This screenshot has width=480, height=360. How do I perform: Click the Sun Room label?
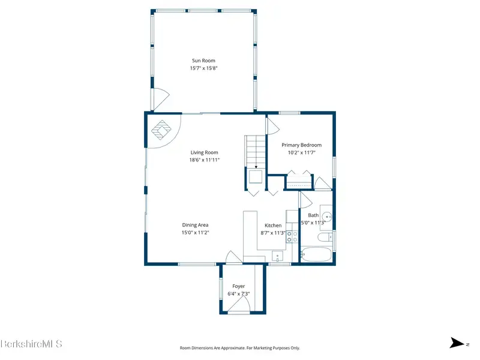pyautogui.click(x=203, y=61)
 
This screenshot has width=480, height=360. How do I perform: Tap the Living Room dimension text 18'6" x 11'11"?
pyautogui.click(x=204, y=160)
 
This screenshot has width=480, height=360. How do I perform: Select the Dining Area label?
pyautogui.click(x=196, y=225)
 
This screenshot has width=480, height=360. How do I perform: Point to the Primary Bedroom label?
pyautogui.click(x=302, y=145)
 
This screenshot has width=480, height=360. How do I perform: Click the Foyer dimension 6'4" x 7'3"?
pyautogui.click(x=238, y=294)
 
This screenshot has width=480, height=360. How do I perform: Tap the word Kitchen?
pyautogui.click(x=273, y=226)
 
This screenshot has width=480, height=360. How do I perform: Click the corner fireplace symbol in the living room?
pyautogui.click(x=161, y=130)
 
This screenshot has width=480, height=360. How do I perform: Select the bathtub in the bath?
pyautogui.click(x=316, y=254)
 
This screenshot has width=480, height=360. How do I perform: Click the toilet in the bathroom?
pyautogui.click(x=325, y=237)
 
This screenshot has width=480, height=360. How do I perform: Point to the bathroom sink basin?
pyautogui.click(x=327, y=217)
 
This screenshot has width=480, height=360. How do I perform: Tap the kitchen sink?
pyautogui.click(x=277, y=256)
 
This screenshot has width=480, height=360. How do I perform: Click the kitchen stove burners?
pyautogui.click(x=292, y=236)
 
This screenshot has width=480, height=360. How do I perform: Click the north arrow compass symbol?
pyautogui.click(x=457, y=343)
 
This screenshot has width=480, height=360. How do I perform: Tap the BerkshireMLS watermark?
pyautogui.click(x=32, y=344)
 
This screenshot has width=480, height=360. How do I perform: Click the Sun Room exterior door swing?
pyautogui.click(x=160, y=99)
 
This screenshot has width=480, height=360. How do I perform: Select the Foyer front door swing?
pyautogui.click(x=239, y=304)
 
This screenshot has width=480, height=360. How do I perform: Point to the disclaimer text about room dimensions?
pyautogui.click(x=239, y=348)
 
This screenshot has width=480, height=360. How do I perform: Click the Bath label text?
pyautogui.click(x=313, y=215)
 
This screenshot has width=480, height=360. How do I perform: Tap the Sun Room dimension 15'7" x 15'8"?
pyautogui.click(x=203, y=68)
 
